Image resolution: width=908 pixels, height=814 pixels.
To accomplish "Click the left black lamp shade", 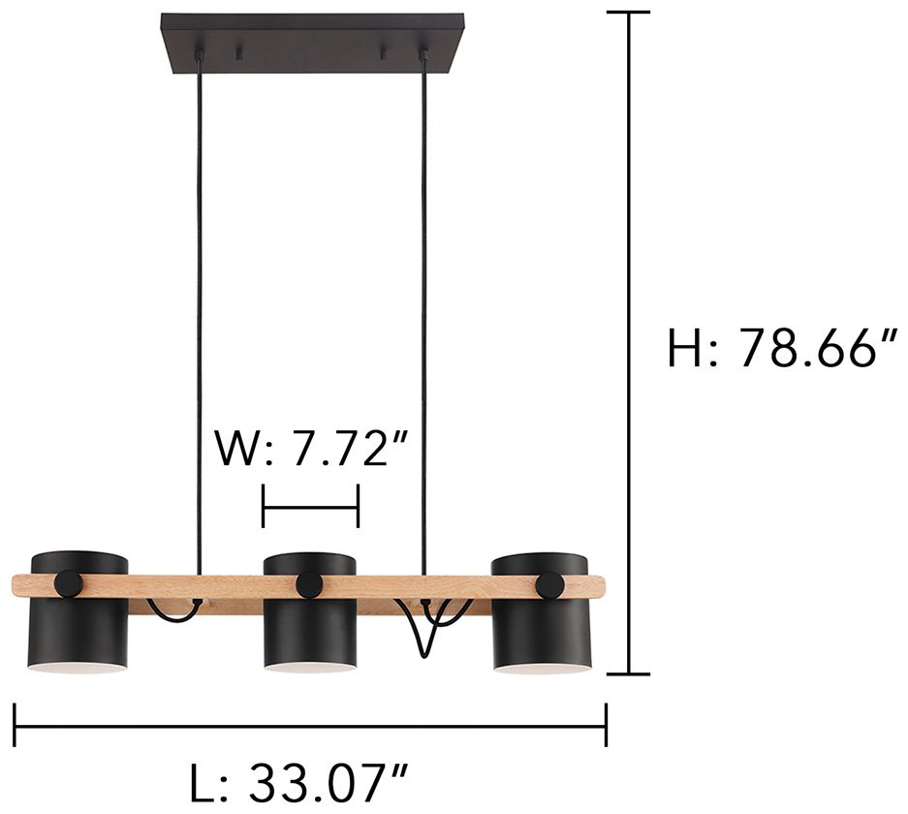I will coord(79,630).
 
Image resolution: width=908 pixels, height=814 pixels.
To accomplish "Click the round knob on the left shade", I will coord(69,583).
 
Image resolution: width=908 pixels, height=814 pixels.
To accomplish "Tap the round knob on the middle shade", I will coord(310,584).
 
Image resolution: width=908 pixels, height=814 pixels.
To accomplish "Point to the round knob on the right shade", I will coord(549,584).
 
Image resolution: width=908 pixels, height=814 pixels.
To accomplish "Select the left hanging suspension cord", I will coord(199,320).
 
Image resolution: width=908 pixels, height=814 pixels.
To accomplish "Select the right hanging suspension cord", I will coord(423,320).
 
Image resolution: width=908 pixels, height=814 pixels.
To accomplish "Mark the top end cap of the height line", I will coord(631,12).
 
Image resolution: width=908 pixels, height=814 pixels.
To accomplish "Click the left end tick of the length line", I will coord(15,725).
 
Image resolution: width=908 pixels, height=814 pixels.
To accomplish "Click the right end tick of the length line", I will coord(606,725).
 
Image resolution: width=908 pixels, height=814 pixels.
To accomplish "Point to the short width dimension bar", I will coord(310,506).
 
